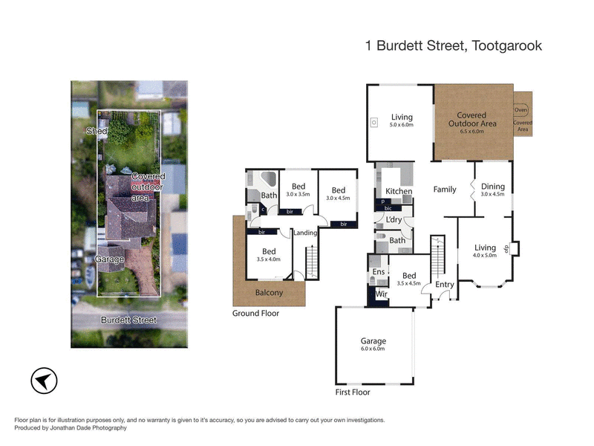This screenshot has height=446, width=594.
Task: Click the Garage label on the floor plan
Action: pos(373,341)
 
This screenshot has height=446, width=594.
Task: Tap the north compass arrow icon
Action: pos(43,381)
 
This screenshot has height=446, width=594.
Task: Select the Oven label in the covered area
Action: pos(521,110)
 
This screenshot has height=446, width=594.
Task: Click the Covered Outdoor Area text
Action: pos(471,120)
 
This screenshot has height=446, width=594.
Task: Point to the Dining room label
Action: pos(492,187)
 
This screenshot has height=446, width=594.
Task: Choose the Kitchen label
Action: pos(399,192)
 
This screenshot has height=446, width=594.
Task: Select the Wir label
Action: pos(382,294)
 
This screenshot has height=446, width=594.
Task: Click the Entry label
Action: pos(445,285)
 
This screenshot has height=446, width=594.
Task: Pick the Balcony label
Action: pos(270,293)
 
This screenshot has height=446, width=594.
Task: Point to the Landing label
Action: pos(306,233)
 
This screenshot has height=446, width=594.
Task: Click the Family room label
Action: pos(445,190)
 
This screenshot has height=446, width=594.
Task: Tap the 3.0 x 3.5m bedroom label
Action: pos(298,190)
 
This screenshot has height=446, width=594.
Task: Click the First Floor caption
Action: pos(353,392)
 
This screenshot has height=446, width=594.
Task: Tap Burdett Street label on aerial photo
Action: pos(129,320)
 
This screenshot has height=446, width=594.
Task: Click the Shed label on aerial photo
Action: pos(97,131)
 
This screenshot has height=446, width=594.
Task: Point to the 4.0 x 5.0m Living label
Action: pos(485,251)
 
